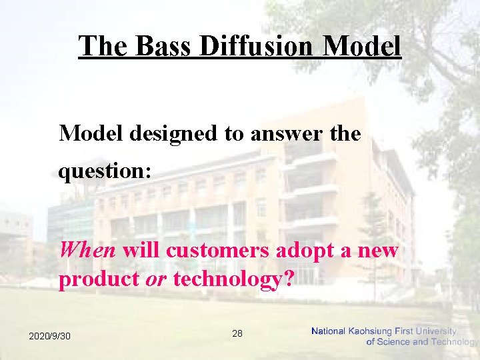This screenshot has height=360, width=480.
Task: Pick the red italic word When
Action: point(87,251)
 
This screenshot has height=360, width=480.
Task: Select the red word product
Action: point(99,279)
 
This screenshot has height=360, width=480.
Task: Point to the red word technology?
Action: point(233,279)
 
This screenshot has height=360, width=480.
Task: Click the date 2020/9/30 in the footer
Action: point(49,336)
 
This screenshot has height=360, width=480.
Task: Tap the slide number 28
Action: point(237,333)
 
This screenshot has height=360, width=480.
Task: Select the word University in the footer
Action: point(435,331)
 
